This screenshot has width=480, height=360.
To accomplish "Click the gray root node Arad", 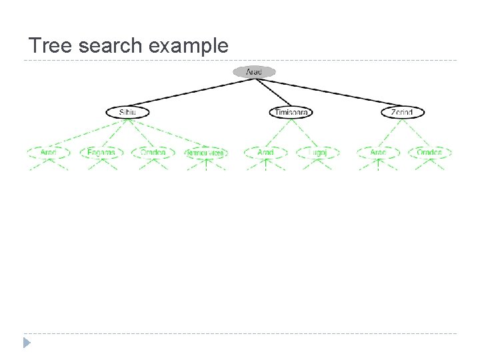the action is pos(254,71).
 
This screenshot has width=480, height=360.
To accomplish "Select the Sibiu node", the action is pos(126,112).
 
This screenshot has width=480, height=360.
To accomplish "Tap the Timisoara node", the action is pos(291,112).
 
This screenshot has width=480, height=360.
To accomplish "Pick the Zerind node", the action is pos(403,112).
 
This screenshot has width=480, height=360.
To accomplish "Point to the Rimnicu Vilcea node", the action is pos(206,153).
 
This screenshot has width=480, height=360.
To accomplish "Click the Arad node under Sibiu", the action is pos(48,152).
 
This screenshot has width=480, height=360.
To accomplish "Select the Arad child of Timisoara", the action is pos(265,152).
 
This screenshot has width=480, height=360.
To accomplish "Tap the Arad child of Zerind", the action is pos(378,152).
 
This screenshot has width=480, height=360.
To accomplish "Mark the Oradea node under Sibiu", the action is pos(153,152).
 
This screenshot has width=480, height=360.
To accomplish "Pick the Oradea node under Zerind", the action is pos(429,152).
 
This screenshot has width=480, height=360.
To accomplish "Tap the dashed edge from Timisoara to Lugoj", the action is pos(305,132).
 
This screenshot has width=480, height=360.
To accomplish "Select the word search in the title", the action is pos(109,46).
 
